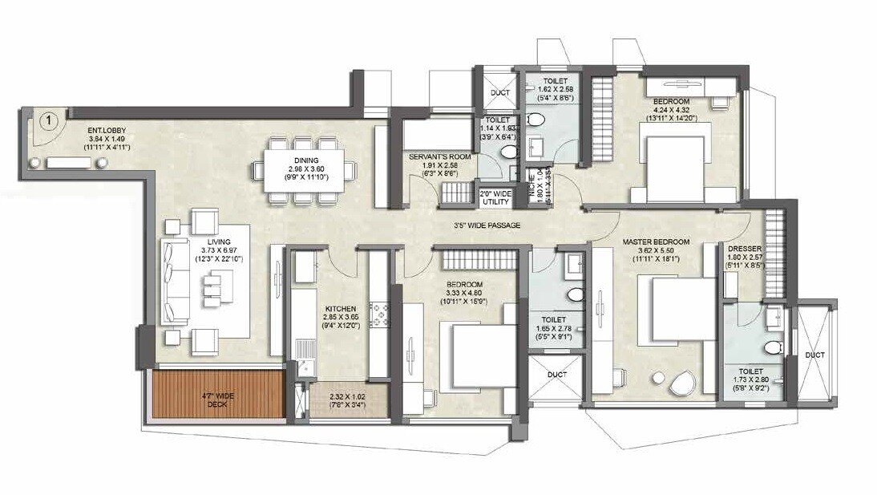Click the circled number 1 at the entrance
coord(49,121)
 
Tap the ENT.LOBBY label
coord(106,129)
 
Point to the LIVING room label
coord(219,241)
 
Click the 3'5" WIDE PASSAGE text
coord(487,226)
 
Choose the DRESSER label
coord(743,250)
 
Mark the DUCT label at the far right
coord(815,355)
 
